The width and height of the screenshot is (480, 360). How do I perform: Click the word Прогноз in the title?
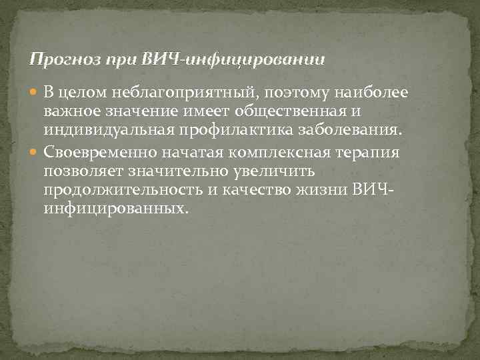[x=63, y=59]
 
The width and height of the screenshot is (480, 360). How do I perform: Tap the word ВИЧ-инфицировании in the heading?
[x=233, y=59]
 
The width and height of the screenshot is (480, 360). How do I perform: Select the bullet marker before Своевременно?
[x=35, y=152]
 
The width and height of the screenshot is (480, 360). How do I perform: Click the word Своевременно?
[x=101, y=152]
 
